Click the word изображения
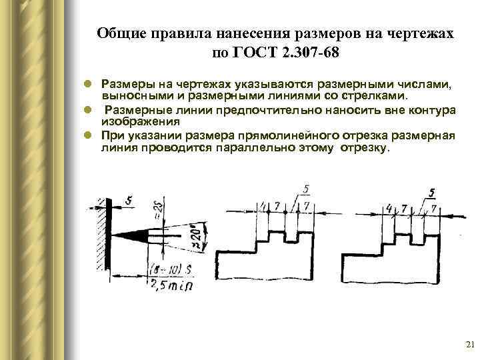click(140, 122)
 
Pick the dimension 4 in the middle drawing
click(264, 205)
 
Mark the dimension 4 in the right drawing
click(389, 209)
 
